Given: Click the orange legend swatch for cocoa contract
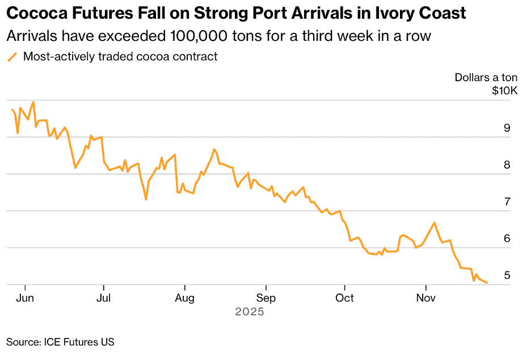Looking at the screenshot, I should click(12, 57).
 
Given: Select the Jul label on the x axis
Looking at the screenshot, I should click(103, 298).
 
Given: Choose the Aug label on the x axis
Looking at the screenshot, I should click(185, 298).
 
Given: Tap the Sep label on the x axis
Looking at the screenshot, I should click(265, 298).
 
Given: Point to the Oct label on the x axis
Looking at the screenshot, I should click(344, 298).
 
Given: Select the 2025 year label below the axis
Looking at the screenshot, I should click(250, 312).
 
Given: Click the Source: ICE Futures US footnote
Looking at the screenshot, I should click(60, 342).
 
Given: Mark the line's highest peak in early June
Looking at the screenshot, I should click(33, 102).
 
